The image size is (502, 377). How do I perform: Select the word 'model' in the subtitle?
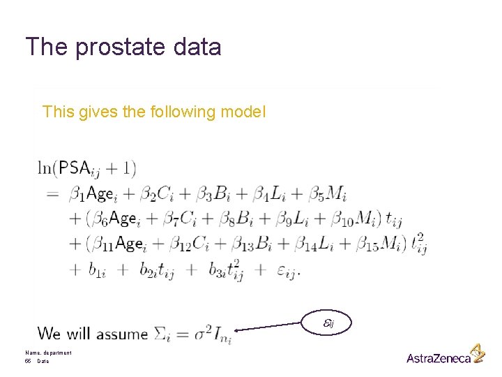[x=243, y=112]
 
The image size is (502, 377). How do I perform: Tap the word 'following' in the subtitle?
[x=182, y=112]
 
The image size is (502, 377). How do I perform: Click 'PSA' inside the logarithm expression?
[x=75, y=168]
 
